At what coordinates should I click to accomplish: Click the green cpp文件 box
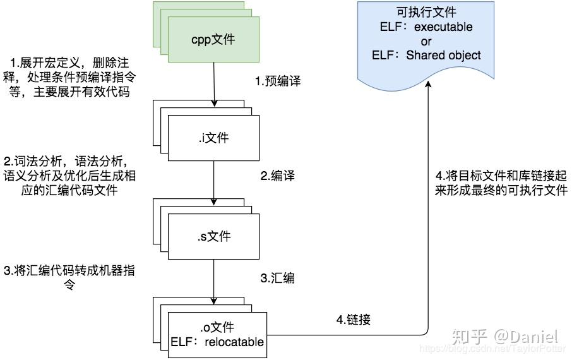click(x=213, y=40)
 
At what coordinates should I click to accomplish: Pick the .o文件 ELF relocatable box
click(x=217, y=335)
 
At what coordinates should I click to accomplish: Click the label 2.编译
click(x=278, y=176)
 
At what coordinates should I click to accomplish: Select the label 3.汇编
click(x=278, y=277)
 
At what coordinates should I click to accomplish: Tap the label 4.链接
click(x=352, y=320)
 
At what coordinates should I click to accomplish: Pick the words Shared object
click(x=443, y=55)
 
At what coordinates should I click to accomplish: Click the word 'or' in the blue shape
click(x=426, y=42)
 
